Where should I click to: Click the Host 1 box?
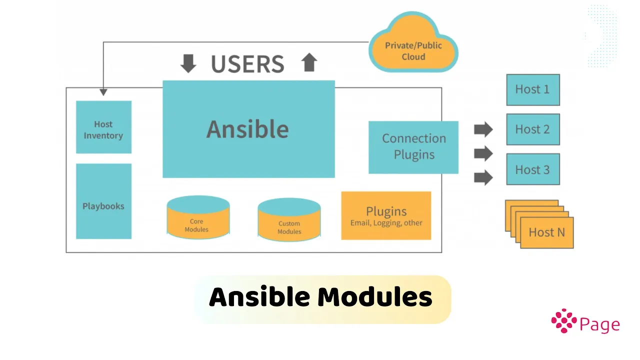pyautogui.click(x=533, y=89)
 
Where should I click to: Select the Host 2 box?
pyautogui.click(x=533, y=129)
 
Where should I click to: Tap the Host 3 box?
pyautogui.click(x=533, y=169)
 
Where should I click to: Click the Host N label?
pyautogui.click(x=547, y=232)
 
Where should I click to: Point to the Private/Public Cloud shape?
pyautogui.click(x=413, y=43)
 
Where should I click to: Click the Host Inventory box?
pyautogui.click(x=103, y=127)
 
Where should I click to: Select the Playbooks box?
pyautogui.click(x=103, y=201)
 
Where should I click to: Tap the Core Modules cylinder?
pyautogui.click(x=198, y=217)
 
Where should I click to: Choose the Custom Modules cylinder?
pyautogui.click(x=289, y=219)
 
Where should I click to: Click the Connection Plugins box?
pyautogui.click(x=413, y=147)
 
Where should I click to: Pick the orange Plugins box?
pyautogui.click(x=386, y=215)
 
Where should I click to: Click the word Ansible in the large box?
pyautogui.click(x=247, y=129)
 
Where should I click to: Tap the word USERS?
pyautogui.click(x=247, y=63)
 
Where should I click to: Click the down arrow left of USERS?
pyautogui.click(x=188, y=63)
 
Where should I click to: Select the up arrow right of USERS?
pyautogui.click(x=309, y=62)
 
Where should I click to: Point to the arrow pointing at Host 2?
pyautogui.click(x=483, y=129)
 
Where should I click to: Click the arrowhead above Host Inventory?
pyautogui.click(x=103, y=92)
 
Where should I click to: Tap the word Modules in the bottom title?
pyautogui.click(x=375, y=297)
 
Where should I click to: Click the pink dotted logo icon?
pyautogui.click(x=564, y=321)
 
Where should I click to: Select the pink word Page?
pyautogui.click(x=599, y=325)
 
